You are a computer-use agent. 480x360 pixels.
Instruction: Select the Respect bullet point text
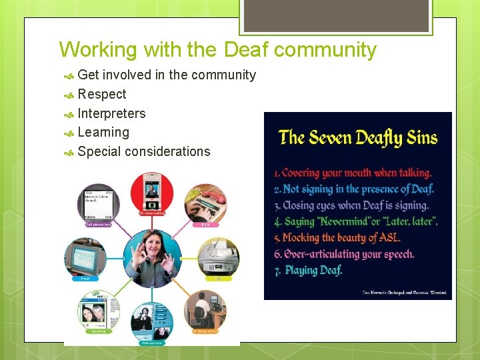point(102,94)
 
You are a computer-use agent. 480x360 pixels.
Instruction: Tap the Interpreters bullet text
point(111,113)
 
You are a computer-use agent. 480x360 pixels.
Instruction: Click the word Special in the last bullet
point(99,151)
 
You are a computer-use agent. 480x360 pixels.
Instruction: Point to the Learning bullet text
point(103,132)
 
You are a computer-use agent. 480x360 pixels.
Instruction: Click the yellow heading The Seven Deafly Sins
point(358,138)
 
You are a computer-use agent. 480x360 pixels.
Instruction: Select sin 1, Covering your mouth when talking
point(353,173)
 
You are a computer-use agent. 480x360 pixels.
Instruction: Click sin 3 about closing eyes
point(351,205)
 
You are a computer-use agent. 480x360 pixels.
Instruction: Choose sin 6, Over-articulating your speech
point(345,254)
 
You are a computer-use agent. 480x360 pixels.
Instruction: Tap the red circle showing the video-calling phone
point(151,193)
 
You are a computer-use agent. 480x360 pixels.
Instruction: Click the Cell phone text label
point(98,225)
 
